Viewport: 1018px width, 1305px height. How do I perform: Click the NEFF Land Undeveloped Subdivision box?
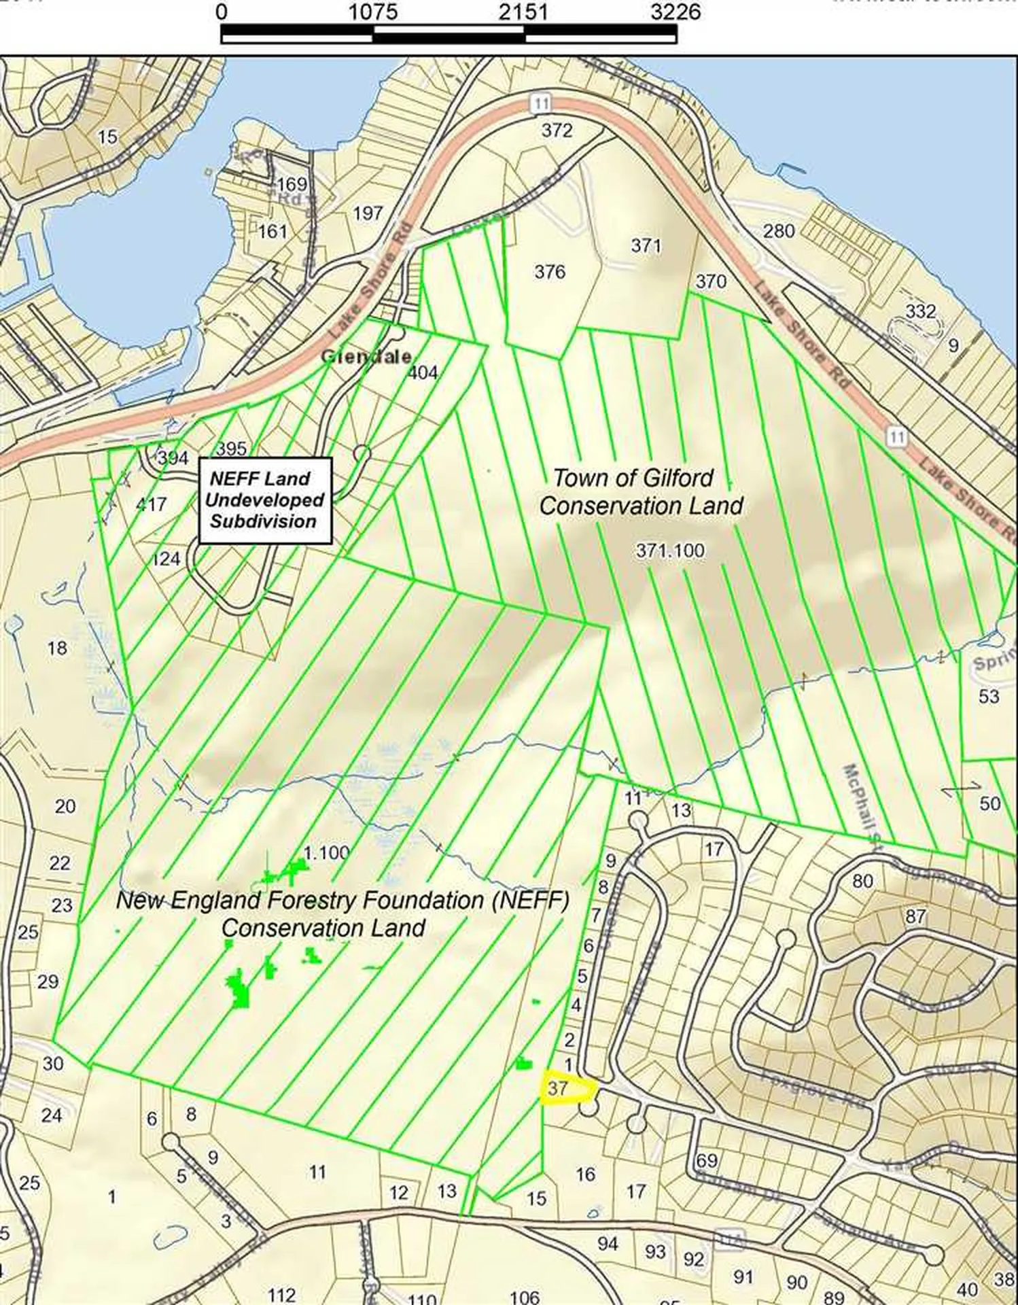coord(264,500)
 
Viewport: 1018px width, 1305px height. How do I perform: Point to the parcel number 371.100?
coord(670,550)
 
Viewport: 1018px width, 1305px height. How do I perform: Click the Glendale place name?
coord(366,356)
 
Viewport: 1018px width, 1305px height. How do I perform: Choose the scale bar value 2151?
coord(523,12)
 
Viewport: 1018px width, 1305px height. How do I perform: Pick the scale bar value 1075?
coord(372,12)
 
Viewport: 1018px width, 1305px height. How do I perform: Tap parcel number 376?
coord(549,272)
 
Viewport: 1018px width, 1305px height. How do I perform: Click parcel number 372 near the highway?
coord(557,130)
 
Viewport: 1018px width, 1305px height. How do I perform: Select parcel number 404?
coord(423,372)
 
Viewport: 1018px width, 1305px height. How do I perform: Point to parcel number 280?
coord(778,231)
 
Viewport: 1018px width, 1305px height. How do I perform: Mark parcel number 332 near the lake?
coord(921,311)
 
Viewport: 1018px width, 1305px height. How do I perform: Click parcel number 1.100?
coord(327,852)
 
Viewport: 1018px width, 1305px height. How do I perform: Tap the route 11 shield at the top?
coord(540,103)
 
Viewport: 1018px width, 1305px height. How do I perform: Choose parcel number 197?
coord(368,213)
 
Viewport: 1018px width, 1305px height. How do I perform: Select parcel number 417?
coord(151,504)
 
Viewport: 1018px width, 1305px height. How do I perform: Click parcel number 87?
coord(915,916)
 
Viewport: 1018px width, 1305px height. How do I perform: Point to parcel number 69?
coord(707,1160)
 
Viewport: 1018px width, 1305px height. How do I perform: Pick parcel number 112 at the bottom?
coord(281,1295)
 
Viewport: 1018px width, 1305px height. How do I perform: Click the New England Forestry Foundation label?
coord(342,914)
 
